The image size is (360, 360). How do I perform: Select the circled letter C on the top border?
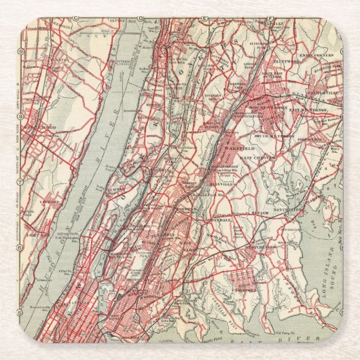coord(141,18)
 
